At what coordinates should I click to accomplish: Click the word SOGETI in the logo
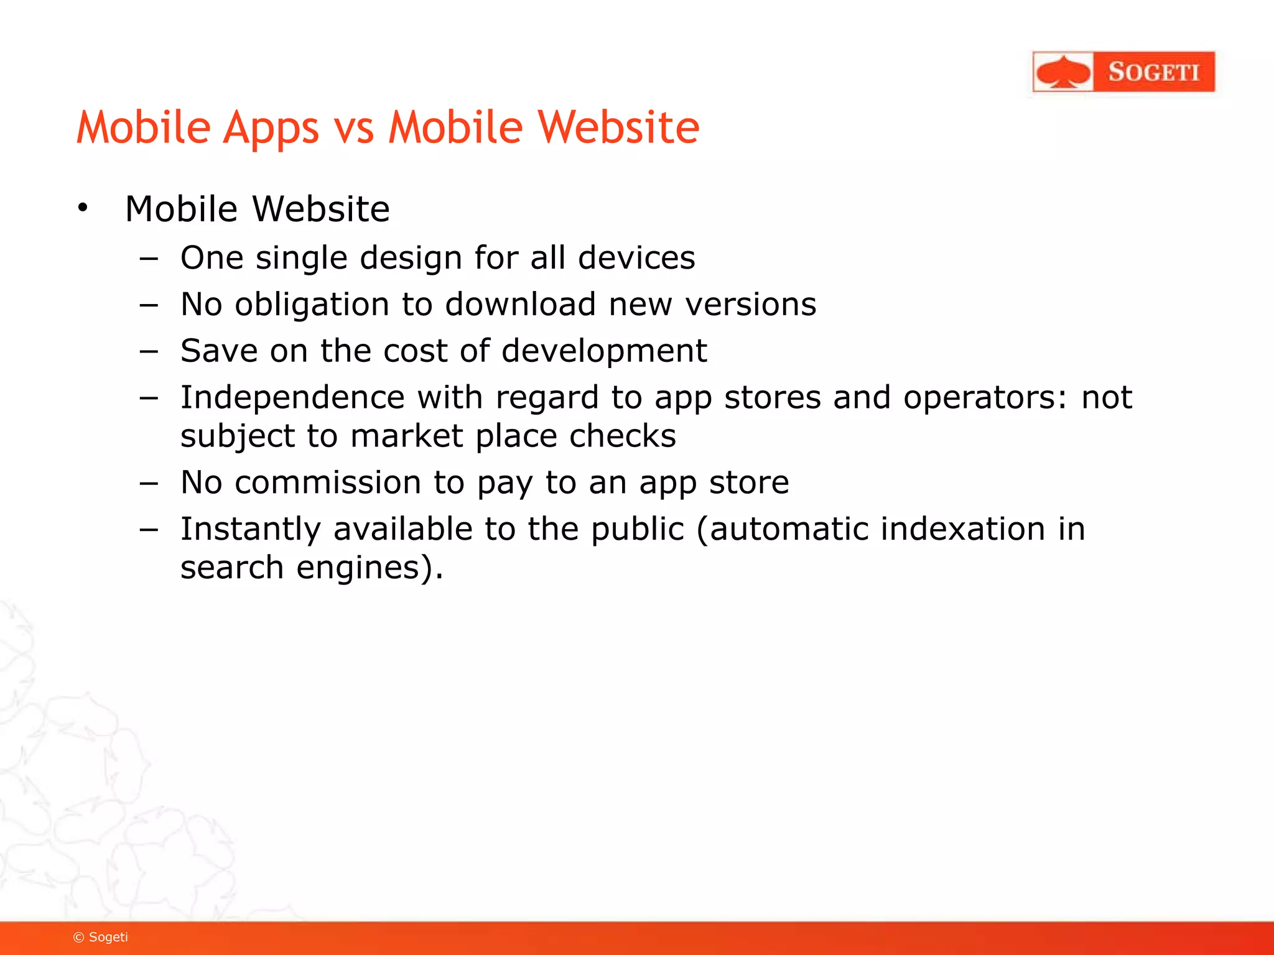click(1153, 72)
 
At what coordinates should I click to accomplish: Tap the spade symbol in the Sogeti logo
click(1064, 73)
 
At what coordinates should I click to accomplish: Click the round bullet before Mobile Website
click(83, 208)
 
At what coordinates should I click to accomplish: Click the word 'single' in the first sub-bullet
click(301, 257)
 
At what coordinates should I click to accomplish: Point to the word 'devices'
click(636, 257)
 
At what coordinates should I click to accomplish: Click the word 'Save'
click(218, 351)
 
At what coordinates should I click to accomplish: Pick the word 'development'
click(604, 351)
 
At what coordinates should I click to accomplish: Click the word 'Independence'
click(292, 398)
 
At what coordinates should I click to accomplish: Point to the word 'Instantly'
click(250, 530)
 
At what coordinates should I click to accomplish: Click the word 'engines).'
click(370, 568)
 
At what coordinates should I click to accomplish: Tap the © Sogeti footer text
click(101, 937)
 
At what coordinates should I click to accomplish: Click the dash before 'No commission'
click(149, 483)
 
